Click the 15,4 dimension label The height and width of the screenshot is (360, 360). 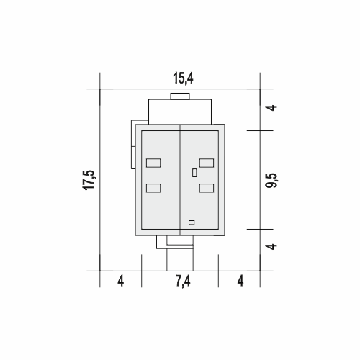pyautogui.click(x=183, y=78)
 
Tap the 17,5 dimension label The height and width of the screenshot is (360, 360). pyautogui.click(x=89, y=180)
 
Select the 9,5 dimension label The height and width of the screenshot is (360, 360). pyautogui.click(x=271, y=180)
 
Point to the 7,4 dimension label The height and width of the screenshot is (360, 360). pyautogui.click(x=183, y=281)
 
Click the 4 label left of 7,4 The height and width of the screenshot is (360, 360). pyautogui.click(x=121, y=281)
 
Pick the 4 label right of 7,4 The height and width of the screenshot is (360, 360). pyautogui.click(x=240, y=281)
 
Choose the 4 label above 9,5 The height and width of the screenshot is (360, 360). pyautogui.click(x=272, y=107)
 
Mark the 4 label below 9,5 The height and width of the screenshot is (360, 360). pyautogui.click(x=272, y=246)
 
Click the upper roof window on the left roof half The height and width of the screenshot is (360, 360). pyautogui.click(x=153, y=163)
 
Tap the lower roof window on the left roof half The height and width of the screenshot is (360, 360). pyautogui.click(x=153, y=188)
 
